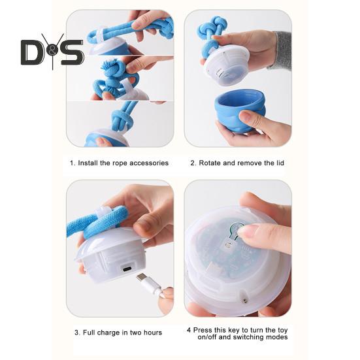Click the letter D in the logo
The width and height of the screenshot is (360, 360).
tap(32, 53)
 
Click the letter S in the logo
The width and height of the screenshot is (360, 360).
tap(72, 53)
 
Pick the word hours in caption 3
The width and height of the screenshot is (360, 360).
tap(152, 333)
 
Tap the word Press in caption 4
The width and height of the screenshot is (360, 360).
tap(203, 331)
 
